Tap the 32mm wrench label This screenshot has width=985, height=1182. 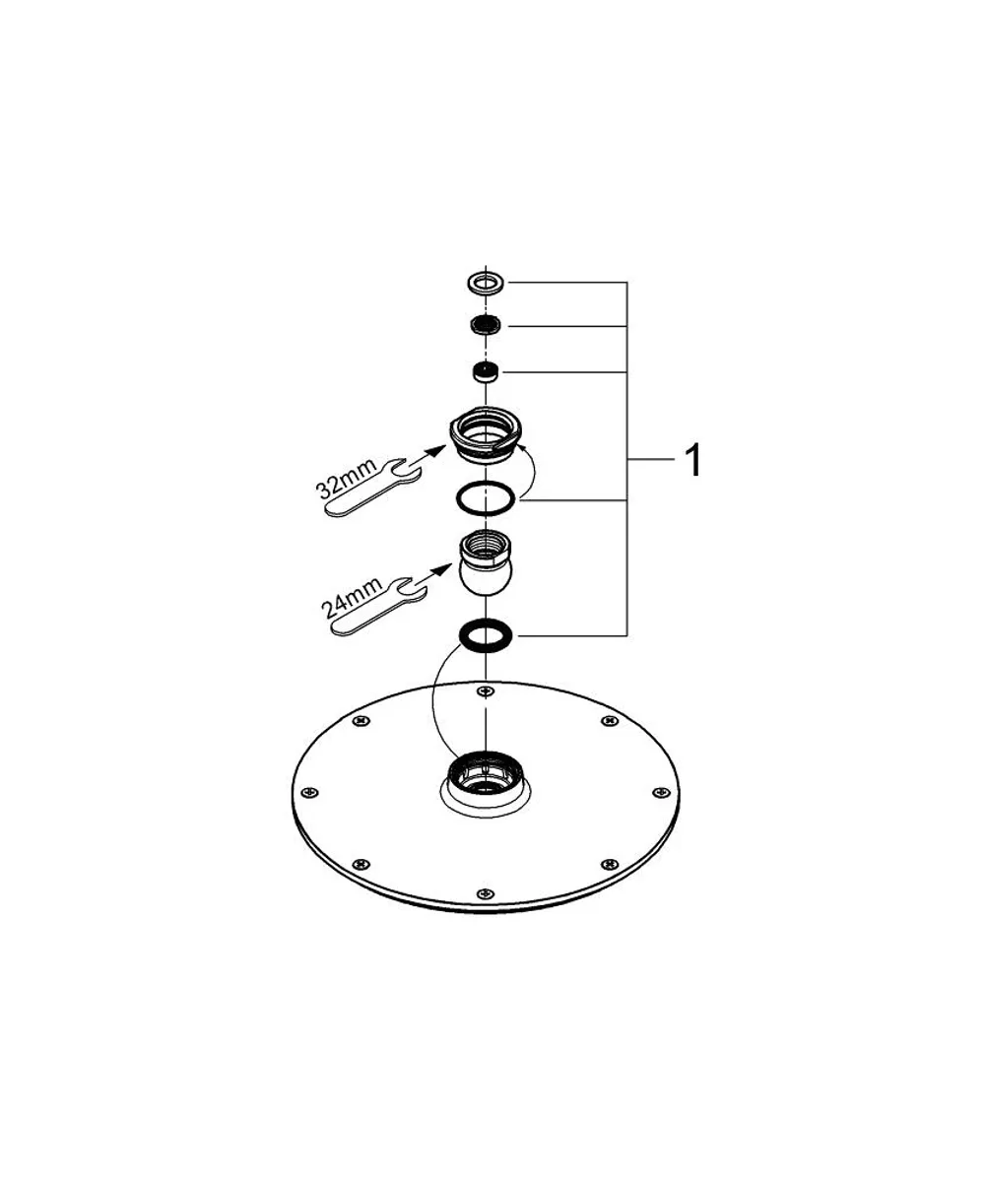click(x=348, y=479)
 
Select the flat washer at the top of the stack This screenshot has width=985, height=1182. click(x=487, y=281)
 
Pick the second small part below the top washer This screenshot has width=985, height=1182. click(x=487, y=324)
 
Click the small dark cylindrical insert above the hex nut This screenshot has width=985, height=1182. click(x=487, y=372)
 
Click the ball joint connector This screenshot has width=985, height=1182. click(x=487, y=564)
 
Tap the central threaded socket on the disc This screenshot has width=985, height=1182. click(x=486, y=775)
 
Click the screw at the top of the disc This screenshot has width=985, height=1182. click(x=486, y=690)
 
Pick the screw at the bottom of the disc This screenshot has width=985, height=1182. click(x=486, y=893)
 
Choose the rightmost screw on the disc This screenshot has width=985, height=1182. click(x=660, y=793)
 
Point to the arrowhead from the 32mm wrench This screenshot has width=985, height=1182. click(x=436, y=450)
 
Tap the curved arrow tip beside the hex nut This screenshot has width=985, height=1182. click(x=521, y=447)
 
